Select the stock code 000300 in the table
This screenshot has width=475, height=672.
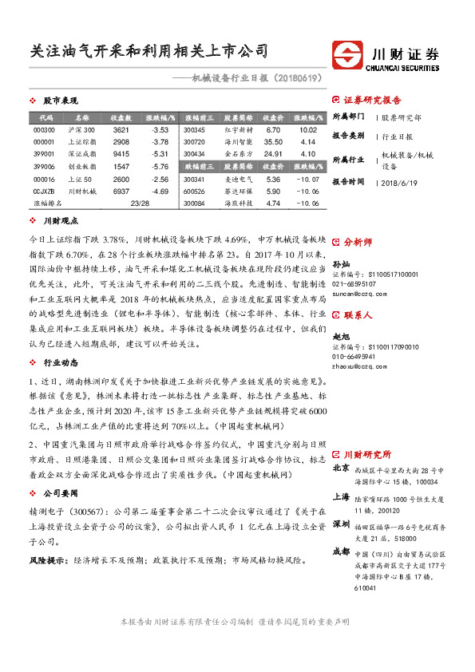[45, 129]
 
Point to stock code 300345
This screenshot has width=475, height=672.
[195, 129]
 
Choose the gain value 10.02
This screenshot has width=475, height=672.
[309, 129]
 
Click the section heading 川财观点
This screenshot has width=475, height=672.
[60, 219]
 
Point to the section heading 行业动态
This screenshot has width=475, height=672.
[60, 339]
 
